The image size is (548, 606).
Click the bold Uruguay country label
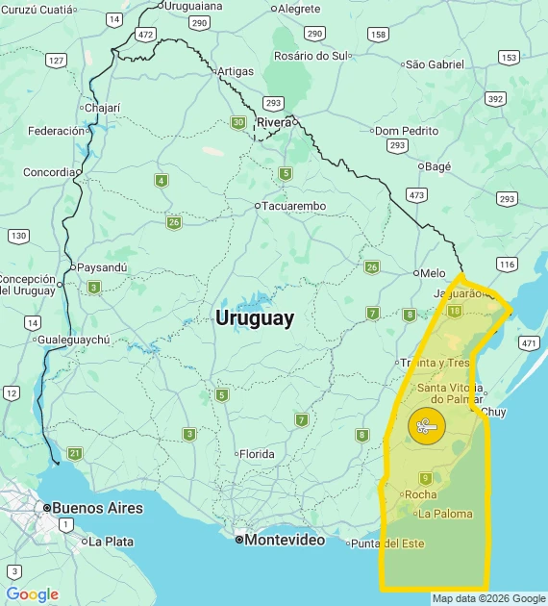(255, 317)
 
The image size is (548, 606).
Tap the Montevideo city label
(284, 540)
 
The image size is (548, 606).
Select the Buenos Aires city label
(97, 508)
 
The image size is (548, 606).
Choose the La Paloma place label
(445, 514)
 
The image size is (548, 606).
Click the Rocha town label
(421, 494)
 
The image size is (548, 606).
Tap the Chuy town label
(493, 412)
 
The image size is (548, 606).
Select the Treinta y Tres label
(435, 363)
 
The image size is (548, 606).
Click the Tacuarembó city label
(294, 206)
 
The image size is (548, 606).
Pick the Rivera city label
(274, 122)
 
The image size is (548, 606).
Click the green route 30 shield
(237, 122)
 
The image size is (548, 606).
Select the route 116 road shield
(508, 264)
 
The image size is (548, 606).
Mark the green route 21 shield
(75, 453)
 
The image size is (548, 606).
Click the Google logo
(32, 594)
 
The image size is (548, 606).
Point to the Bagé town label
(437, 166)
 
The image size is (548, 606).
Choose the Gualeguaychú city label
(74, 340)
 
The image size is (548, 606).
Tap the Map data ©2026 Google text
(488, 598)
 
